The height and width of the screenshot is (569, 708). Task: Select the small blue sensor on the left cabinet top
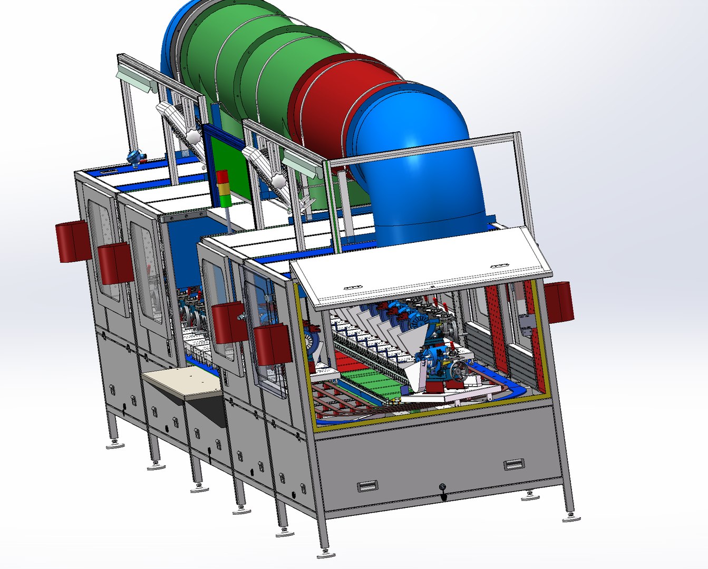[135, 157]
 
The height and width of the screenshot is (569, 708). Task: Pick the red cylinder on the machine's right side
[559, 301]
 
